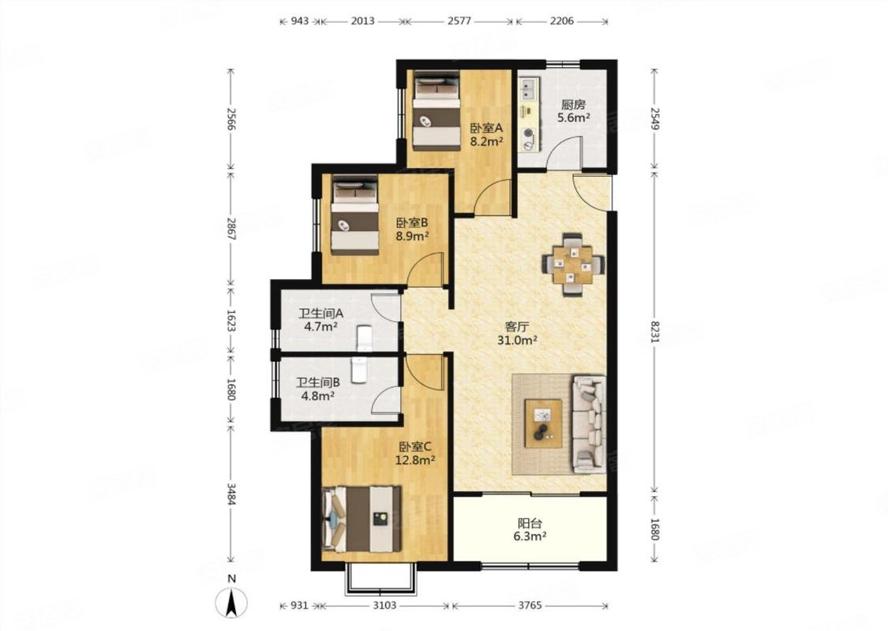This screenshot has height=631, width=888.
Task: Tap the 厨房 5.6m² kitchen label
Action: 573,111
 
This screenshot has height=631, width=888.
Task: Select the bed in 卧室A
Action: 436,110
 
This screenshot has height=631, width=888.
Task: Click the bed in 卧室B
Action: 355,215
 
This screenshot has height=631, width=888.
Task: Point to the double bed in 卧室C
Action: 362,519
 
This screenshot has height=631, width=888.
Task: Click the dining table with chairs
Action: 572,264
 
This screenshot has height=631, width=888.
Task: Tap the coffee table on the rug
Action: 543,424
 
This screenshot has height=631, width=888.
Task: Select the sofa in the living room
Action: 588,424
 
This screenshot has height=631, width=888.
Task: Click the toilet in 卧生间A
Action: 364,338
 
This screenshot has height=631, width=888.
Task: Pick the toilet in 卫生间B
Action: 358,370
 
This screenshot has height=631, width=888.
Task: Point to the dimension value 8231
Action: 655,331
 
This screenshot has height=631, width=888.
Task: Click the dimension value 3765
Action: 530,606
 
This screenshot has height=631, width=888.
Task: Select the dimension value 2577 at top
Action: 459,21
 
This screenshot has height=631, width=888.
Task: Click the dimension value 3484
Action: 230,494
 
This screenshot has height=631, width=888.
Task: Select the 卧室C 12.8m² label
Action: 415,453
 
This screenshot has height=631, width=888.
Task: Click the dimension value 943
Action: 300,21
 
